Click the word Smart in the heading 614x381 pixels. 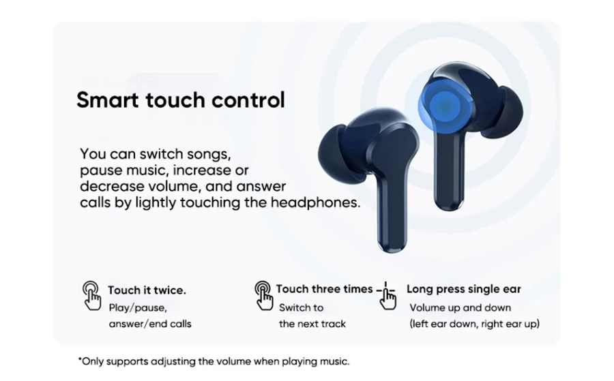[107, 100]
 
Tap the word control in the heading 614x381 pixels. [248, 100]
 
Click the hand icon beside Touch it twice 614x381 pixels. [91, 295]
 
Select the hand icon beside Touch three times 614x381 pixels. [263, 295]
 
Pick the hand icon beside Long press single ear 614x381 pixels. [387, 295]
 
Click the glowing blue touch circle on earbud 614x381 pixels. [444, 105]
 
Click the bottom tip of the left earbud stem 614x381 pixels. [392, 251]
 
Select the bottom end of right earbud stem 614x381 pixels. [449, 209]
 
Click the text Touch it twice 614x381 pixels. [147, 290]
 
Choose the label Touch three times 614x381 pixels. [324, 289]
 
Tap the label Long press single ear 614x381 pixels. [464, 289]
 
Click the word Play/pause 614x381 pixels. [138, 308]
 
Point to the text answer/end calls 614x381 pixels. [150, 324]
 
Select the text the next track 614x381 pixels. [312, 324]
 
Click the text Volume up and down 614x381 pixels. [460, 308]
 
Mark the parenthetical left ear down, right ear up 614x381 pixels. [475, 324]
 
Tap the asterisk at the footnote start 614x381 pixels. [80, 359]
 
